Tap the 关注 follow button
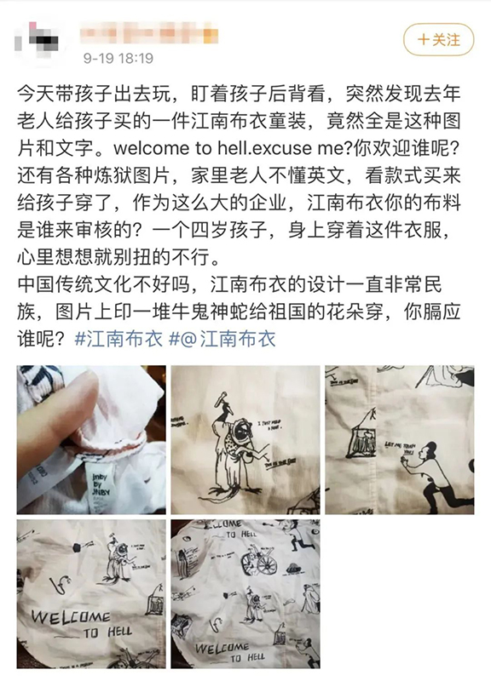(x=439, y=40)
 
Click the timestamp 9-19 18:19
(x=118, y=59)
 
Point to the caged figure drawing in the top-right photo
(x=364, y=443)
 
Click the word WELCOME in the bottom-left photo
(x=70, y=615)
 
